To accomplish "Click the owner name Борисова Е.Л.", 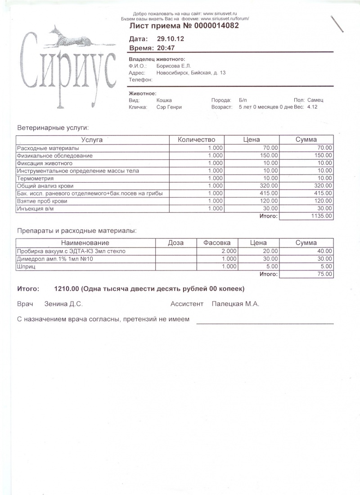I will [x=174, y=66].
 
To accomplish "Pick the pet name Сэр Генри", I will [x=169, y=107].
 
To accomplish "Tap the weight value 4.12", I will [x=312, y=107].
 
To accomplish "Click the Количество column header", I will [x=197, y=139].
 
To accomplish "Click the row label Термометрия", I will [x=34, y=178].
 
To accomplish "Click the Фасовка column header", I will [x=217, y=243].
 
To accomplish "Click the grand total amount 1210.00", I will [x=66, y=288].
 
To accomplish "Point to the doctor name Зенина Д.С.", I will [x=63, y=304].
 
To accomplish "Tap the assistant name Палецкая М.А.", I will [x=235, y=304].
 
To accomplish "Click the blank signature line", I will [x=265, y=323].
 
